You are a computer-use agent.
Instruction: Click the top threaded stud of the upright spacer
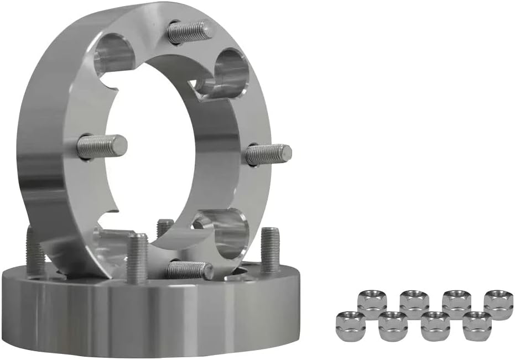click(x=190, y=32)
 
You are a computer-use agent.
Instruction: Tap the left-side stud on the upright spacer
click(x=101, y=147)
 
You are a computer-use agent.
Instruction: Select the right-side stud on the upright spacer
click(x=268, y=154)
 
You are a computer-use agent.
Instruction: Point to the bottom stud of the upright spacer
click(x=189, y=270)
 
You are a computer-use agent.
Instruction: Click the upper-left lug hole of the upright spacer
click(x=114, y=54)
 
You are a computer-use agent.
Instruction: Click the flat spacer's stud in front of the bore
click(x=137, y=257)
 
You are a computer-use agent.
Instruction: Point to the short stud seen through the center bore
click(x=164, y=227)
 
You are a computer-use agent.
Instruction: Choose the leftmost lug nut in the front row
click(x=351, y=326)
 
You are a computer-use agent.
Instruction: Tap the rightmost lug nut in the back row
click(x=498, y=304)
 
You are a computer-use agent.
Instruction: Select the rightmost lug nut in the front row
click(x=477, y=326)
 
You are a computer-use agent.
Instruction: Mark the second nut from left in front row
click(x=393, y=326)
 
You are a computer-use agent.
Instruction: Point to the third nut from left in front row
click(x=435, y=326)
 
